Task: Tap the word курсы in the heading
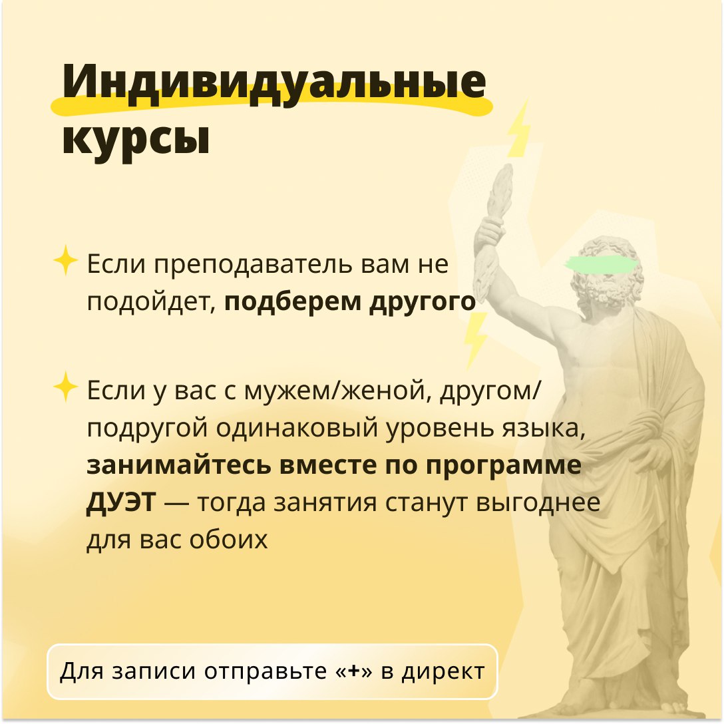[136, 138]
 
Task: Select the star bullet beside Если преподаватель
[66, 260]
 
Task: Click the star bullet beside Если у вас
[66, 387]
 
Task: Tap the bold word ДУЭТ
[121, 502]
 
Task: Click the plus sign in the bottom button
[354, 671]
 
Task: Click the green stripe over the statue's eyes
[602, 264]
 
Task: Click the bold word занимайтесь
[179, 465]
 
